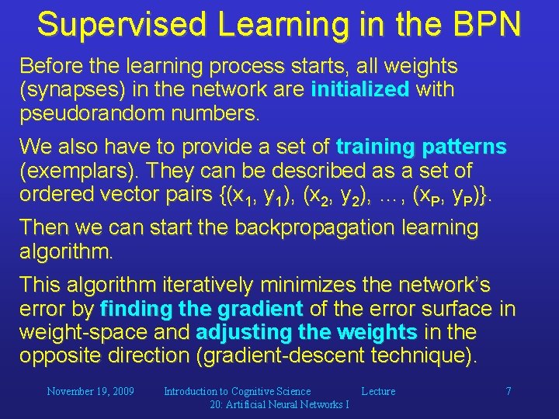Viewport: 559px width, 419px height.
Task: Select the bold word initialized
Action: [x=359, y=89]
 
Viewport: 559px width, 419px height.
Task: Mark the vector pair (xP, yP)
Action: [x=446, y=196]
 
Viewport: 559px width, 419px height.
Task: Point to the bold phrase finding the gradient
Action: [x=202, y=309]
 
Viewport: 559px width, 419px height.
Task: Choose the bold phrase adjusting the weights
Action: [x=307, y=332]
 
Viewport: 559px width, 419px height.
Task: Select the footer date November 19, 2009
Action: [x=91, y=392]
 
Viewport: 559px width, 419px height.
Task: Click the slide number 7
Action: [x=508, y=392]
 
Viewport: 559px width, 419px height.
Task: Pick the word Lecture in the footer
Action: [x=378, y=392]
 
